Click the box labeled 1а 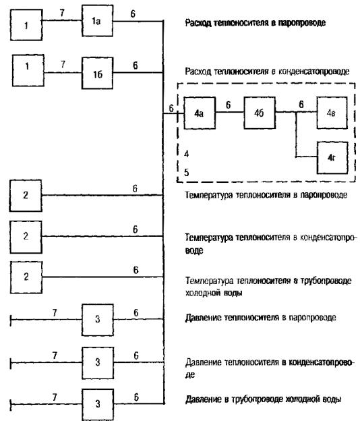[98, 21]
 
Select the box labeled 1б [98, 73]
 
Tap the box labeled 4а [200, 113]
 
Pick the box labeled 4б [260, 113]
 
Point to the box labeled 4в [332, 113]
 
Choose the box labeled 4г [332, 157]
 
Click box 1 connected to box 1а [26, 25]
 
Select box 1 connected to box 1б [28, 70]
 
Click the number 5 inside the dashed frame [187, 173]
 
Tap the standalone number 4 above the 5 [187, 154]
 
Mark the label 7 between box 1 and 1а [62, 13]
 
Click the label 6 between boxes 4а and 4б [229, 105]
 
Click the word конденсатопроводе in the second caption [314, 72]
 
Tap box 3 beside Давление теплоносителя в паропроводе [98, 320]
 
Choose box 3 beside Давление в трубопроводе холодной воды [98, 404]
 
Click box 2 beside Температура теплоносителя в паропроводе [26, 196]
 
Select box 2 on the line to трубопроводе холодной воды [26, 277]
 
